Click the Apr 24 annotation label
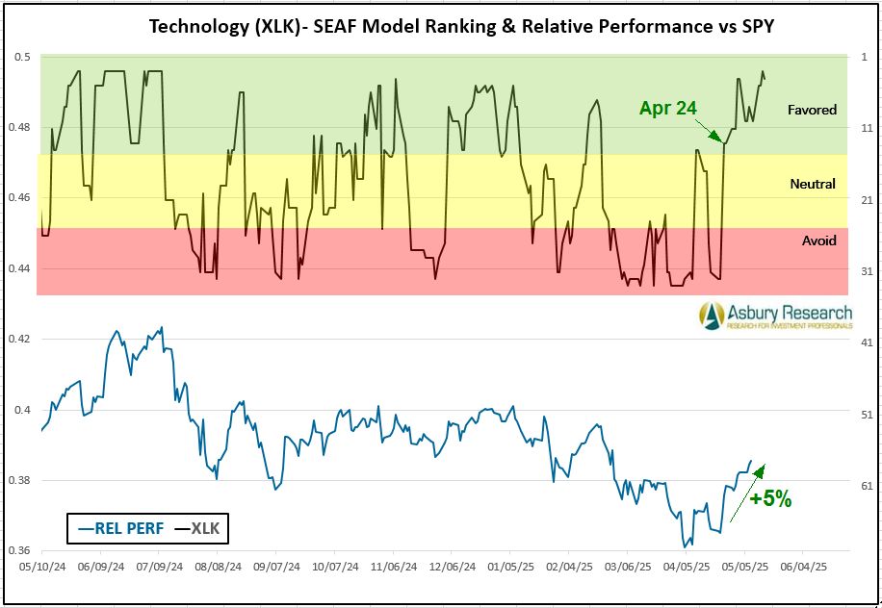tap(667, 109)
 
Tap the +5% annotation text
tap(770, 498)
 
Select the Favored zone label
tap(812, 110)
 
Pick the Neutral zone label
tap(812, 184)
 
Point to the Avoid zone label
tap(818, 241)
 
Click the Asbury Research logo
tap(775, 315)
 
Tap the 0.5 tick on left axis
tap(22, 57)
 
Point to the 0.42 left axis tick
tap(19, 339)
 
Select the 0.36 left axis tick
tap(19, 550)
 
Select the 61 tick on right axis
tap(867, 487)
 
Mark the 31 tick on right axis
tap(867, 271)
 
